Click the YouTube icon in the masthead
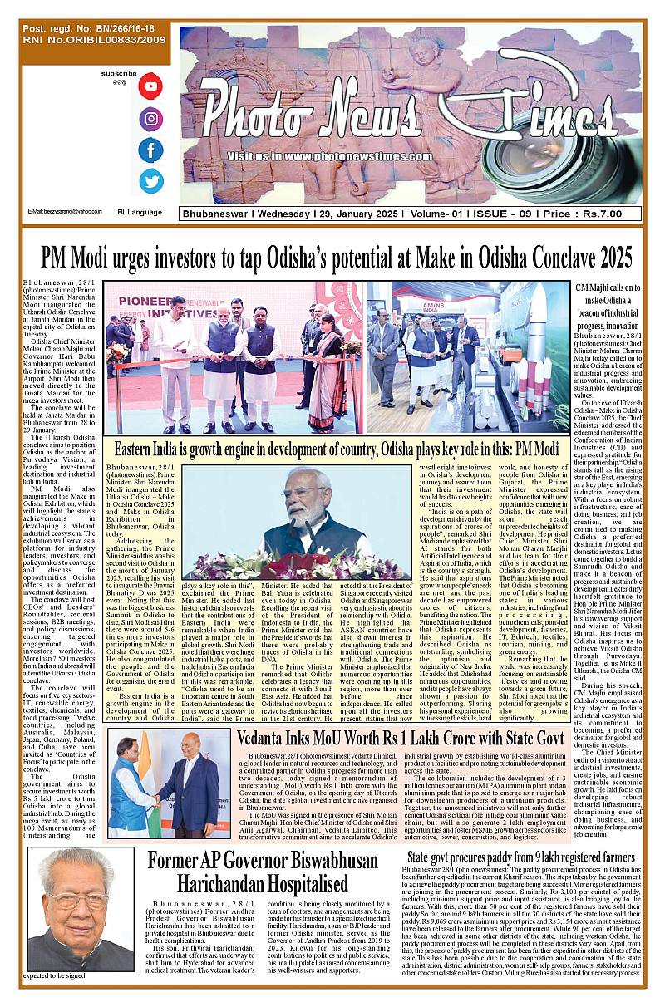point(150,86)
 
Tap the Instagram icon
point(150,119)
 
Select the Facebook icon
point(150,150)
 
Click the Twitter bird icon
point(150,181)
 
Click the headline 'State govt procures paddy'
point(521,857)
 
